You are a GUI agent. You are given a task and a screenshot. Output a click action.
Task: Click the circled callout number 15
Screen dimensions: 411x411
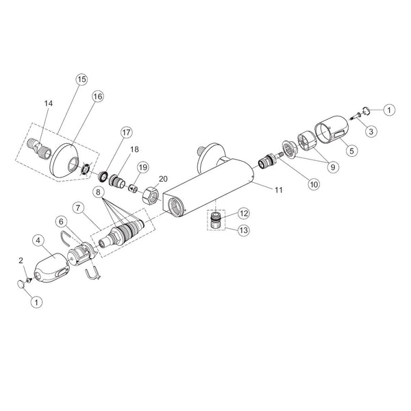[x=82, y=79]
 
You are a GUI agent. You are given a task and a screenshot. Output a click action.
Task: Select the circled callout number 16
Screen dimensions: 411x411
[x=97, y=97]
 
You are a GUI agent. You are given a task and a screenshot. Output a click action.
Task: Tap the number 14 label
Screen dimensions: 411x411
[x=49, y=103]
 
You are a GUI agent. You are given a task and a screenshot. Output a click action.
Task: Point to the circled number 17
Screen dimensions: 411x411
[x=126, y=132]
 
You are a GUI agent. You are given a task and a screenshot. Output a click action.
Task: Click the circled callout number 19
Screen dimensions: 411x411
[x=143, y=167]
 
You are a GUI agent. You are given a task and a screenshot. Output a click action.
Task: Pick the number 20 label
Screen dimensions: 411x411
[x=163, y=179]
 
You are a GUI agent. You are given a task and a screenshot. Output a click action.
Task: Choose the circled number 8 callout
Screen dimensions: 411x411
[x=98, y=192]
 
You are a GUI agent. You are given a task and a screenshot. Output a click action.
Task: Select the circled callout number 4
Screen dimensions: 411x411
[x=38, y=240]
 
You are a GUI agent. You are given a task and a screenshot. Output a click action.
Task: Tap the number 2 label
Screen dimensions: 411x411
[x=21, y=260]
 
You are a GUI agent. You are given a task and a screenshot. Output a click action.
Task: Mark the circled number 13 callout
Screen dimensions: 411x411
[x=243, y=230]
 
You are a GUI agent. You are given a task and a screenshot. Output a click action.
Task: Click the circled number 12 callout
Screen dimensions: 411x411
[x=243, y=213]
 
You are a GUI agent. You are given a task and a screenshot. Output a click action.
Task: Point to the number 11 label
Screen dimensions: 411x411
[x=279, y=190]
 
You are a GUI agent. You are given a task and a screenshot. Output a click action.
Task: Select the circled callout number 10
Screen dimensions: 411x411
[x=314, y=184]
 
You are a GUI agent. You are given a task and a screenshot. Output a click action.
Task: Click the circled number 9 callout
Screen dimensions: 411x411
[x=333, y=166]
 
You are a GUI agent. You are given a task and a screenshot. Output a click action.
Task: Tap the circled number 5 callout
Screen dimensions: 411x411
[x=351, y=151]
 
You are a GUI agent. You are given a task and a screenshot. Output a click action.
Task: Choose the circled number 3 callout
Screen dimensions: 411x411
[x=371, y=131]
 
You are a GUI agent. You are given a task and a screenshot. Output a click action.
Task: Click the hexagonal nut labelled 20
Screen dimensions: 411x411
[x=151, y=195]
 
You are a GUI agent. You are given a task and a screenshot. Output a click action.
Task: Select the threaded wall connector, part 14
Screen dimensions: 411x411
[x=38, y=148]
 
